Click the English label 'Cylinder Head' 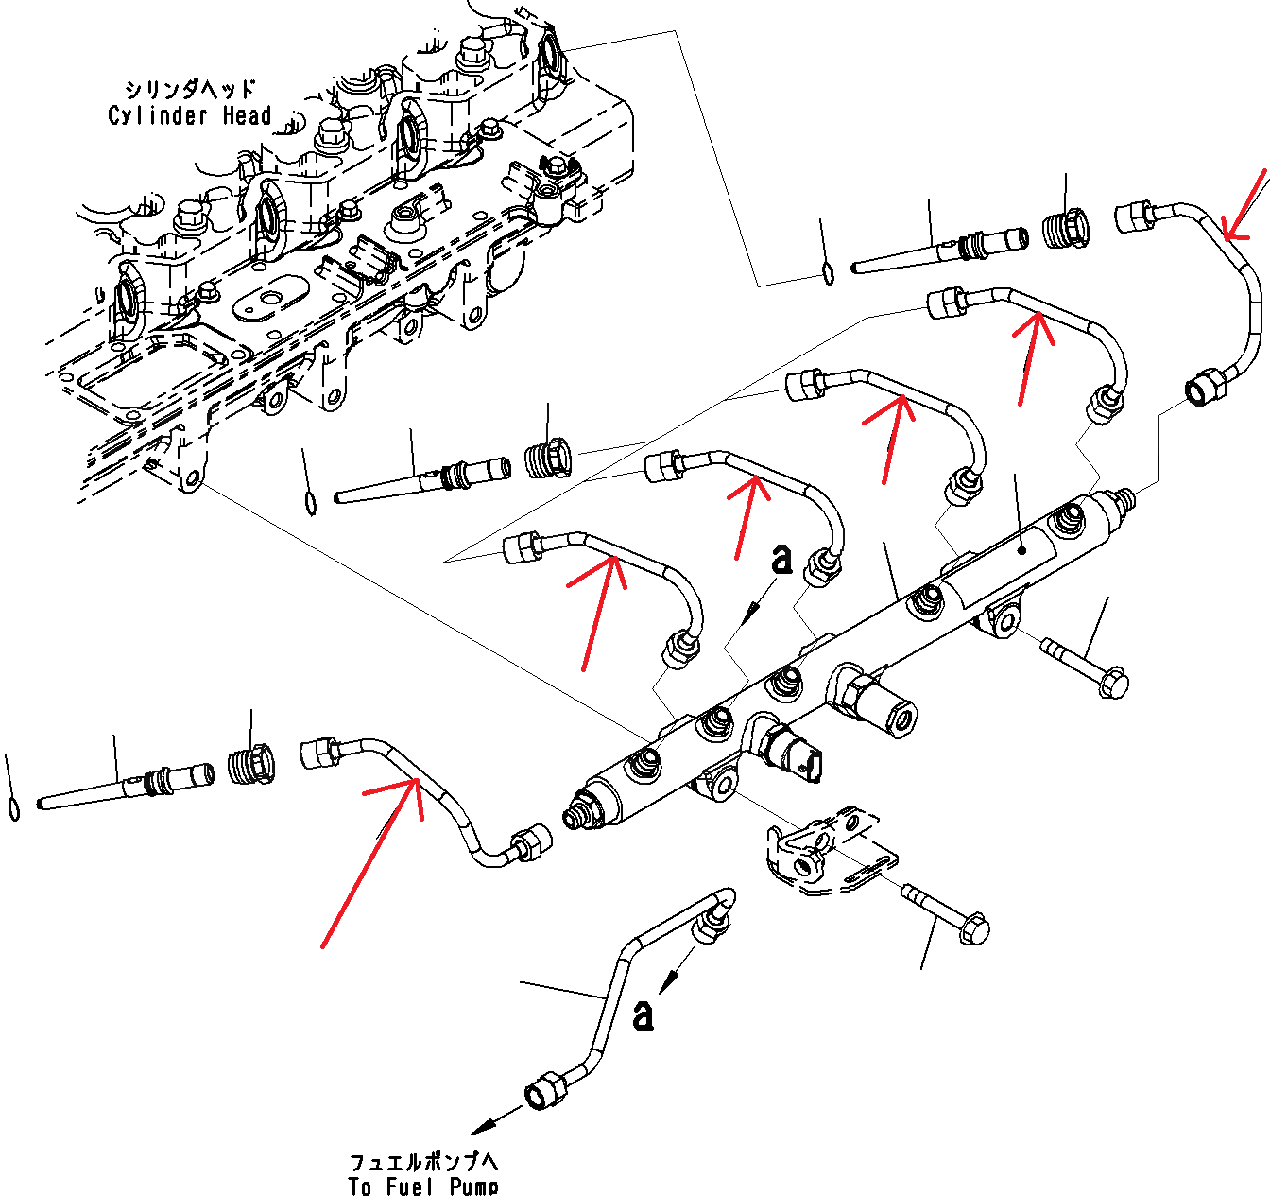[189, 116]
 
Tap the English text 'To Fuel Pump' [422, 1186]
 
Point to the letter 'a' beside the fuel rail [781, 559]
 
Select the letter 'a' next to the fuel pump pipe [643, 1014]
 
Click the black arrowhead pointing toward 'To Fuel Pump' [484, 1126]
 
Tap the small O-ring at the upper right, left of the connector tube [828, 274]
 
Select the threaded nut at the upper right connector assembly [1067, 229]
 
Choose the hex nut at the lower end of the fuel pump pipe [545, 1090]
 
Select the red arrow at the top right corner [1244, 204]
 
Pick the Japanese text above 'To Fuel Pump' [422, 1162]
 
